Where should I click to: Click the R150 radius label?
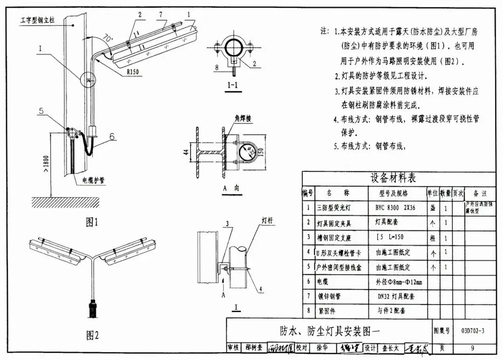[132, 71]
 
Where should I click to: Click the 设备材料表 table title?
[393, 178]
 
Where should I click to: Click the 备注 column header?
[479, 193]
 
